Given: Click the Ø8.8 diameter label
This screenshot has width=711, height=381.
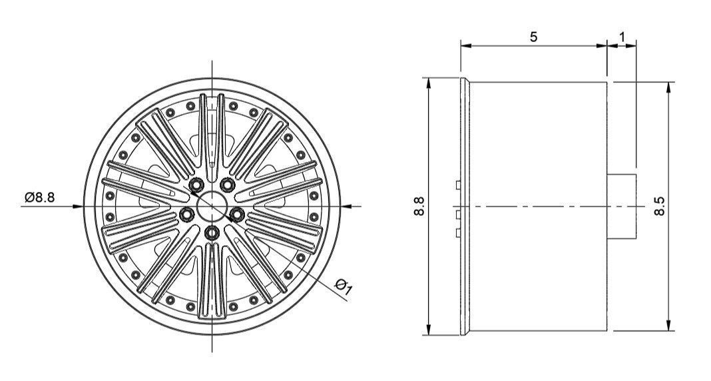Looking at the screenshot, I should coord(41,198).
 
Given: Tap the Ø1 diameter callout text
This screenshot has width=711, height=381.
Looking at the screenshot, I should coord(344,286).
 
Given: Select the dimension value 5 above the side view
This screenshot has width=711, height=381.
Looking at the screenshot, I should coord(533,37).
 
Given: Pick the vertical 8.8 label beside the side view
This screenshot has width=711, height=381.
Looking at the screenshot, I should coord(417,206).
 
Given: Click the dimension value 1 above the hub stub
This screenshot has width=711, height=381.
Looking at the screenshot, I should coord(622,37).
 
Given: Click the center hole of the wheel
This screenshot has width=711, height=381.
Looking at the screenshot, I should coord(212,206).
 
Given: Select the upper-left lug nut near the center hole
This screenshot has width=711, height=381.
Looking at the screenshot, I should coord(196,184).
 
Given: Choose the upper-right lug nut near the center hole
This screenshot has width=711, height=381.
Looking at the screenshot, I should coord(228,184).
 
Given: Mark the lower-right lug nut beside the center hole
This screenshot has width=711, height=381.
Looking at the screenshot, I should coord(237,214).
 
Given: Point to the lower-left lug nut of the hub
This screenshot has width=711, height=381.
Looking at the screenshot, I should coord(187,214).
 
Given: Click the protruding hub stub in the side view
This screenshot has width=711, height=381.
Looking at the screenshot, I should coord(622,206).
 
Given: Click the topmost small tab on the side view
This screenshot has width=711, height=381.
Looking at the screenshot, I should coord(458,184).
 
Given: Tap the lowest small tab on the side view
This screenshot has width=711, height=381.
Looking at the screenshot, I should coord(458,232).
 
